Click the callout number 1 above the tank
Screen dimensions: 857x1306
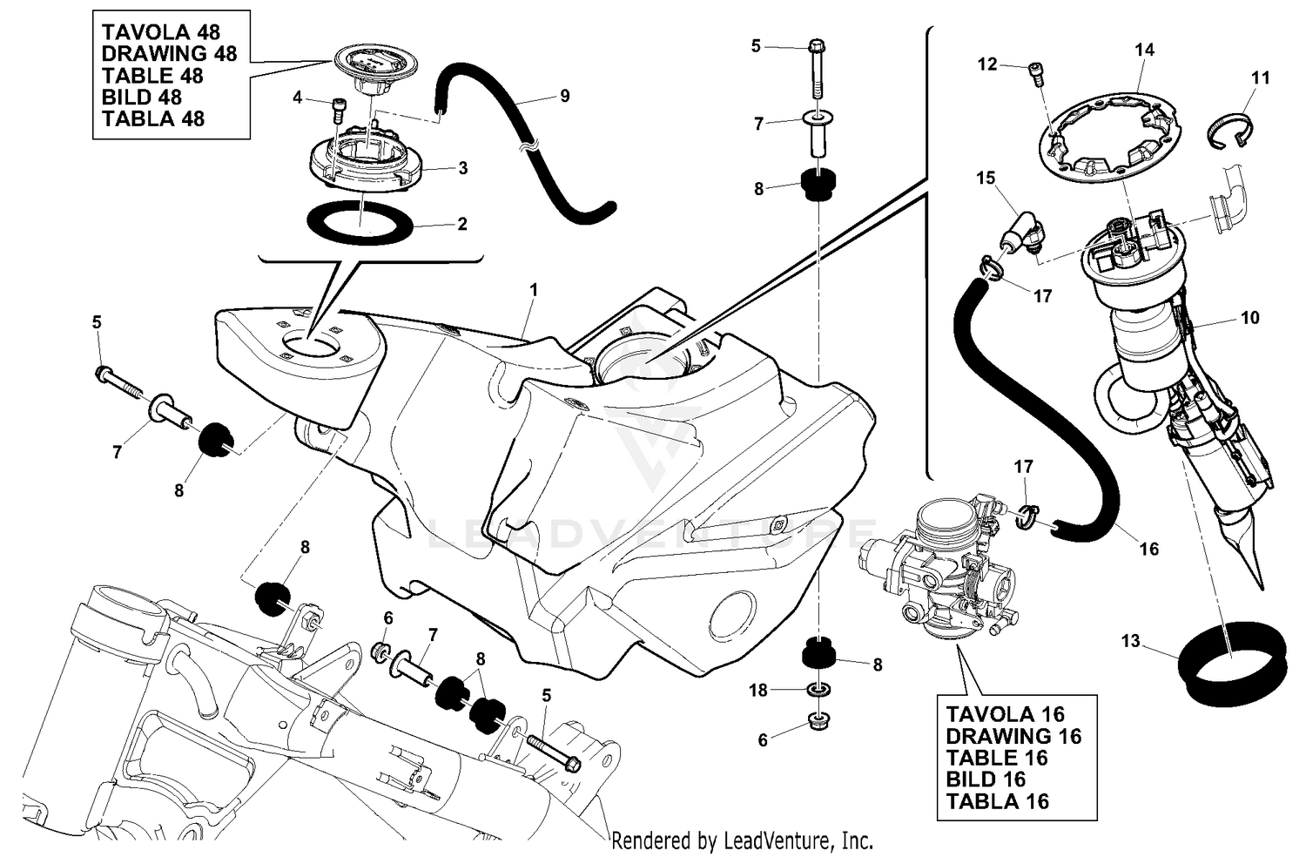pos(534,288)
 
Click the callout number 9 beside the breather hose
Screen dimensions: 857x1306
pos(565,96)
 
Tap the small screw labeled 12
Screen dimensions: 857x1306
pos(1035,73)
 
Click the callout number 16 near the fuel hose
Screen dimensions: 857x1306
pos(1149,549)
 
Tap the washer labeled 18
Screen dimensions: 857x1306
pos(818,690)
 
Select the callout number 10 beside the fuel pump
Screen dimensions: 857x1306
pos(1249,318)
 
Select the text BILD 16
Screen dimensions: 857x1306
pos(986,779)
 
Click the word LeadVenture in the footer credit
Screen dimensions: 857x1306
pos(769,841)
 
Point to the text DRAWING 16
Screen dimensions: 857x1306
pos(1013,736)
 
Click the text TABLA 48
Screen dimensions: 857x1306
pos(153,118)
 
